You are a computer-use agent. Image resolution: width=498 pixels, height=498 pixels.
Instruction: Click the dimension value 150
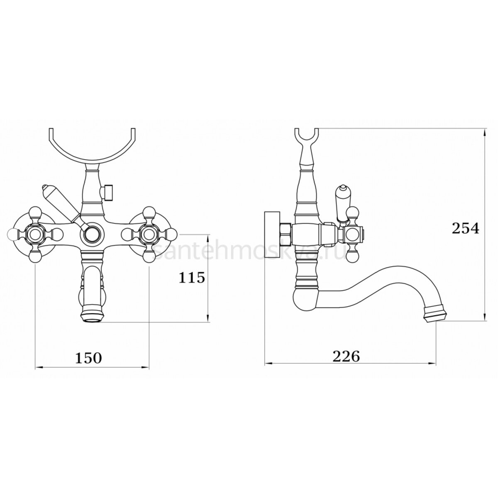coord(89,358)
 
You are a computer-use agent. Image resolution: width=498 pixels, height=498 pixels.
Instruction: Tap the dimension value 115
coord(192,278)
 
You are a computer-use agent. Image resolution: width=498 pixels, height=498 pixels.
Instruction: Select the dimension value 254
coord(465,228)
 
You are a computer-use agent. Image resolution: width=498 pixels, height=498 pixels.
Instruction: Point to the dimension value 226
coord(346,356)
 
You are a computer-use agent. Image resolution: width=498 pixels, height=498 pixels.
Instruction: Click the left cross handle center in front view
coord(35,235)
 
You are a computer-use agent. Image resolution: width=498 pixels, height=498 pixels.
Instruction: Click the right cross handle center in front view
coord(149,235)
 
